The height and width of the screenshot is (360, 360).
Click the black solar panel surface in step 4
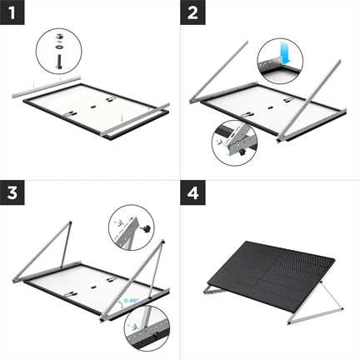[270, 267]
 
